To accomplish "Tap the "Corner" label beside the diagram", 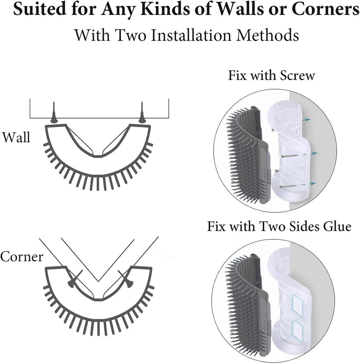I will pyautogui.click(x=21, y=256).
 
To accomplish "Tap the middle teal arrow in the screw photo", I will pyautogui.click(x=314, y=153).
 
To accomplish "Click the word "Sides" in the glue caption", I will pyautogui.click(x=304, y=226).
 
